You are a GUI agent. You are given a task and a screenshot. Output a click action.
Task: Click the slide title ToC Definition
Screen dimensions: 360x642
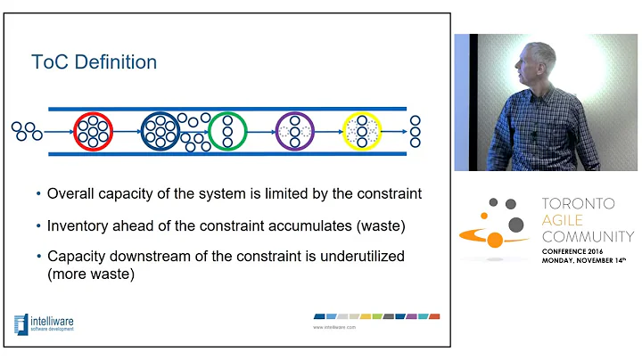point(95,62)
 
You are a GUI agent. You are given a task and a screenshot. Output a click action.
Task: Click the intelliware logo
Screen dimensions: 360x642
point(45,323)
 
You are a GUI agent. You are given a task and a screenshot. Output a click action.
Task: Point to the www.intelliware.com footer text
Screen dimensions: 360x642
point(334,327)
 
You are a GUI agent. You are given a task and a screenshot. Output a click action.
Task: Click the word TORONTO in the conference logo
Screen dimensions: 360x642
point(578,203)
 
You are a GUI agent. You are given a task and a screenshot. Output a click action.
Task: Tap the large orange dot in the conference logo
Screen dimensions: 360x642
point(495,238)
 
